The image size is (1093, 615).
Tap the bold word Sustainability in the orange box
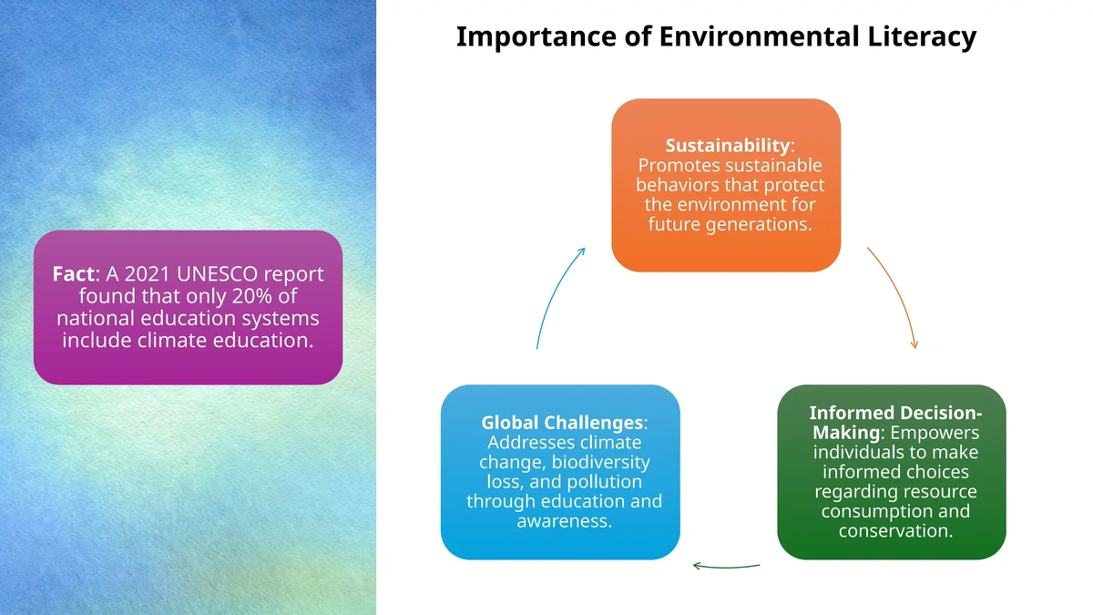click(728, 146)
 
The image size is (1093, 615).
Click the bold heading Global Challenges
click(562, 423)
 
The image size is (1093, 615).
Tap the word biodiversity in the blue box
click(601, 462)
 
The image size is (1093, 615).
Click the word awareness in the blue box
click(564, 521)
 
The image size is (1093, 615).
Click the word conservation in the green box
click(895, 530)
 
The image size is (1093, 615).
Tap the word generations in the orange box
click(760, 224)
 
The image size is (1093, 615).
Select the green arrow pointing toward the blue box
click(726, 567)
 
